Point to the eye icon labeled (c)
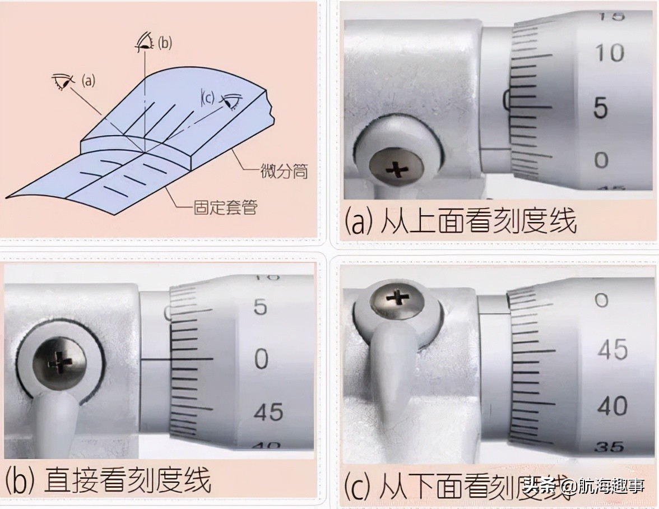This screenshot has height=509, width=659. pos(230,101)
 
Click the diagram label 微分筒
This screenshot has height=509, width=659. pos(285,170)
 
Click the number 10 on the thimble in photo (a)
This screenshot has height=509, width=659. pos(609,54)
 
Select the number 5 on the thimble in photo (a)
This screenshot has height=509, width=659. pos(601,107)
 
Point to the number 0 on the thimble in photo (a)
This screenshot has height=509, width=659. pos(601,160)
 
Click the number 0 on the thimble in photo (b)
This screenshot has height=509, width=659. pos(261,359)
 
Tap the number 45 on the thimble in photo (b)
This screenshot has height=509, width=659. pos(268,413)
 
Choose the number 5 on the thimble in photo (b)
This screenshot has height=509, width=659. pos(260,307)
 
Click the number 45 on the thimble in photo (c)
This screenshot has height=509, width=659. pos(612,350)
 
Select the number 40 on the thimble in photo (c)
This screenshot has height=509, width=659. pos(612,406)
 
